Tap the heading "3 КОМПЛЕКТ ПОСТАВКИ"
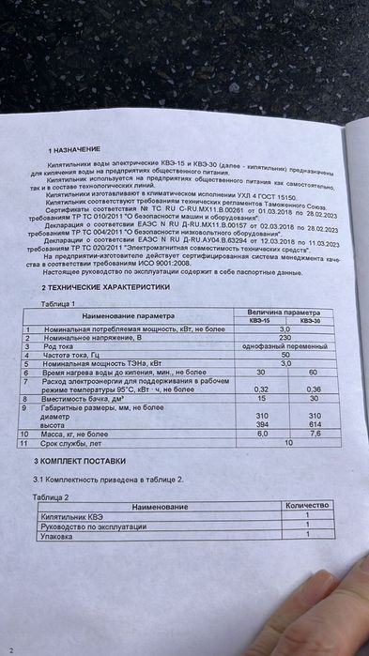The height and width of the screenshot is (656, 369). pos(80,461)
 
